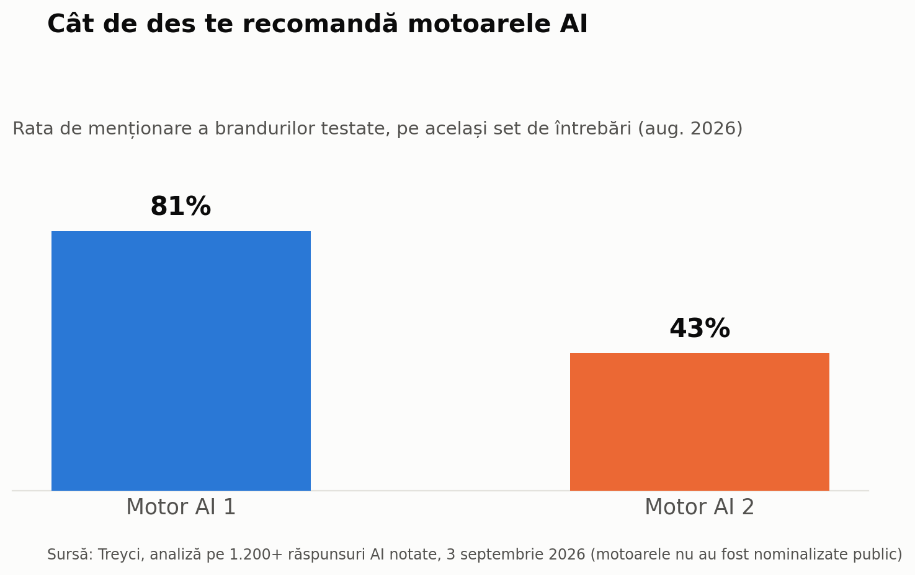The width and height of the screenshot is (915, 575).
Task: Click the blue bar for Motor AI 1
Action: [x=181, y=361]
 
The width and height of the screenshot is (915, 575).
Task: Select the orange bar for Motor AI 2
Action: [x=700, y=422]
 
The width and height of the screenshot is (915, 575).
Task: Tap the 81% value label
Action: [x=181, y=206]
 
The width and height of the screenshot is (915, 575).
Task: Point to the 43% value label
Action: [x=700, y=328]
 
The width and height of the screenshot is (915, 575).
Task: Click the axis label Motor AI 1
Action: [x=181, y=507]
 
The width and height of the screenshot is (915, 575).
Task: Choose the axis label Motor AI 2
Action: [x=700, y=507]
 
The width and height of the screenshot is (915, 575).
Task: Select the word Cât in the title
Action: [x=71, y=24]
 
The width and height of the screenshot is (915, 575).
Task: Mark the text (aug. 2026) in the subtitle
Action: [x=690, y=129]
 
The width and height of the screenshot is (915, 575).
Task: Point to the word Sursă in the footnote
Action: [x=70, y=554]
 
